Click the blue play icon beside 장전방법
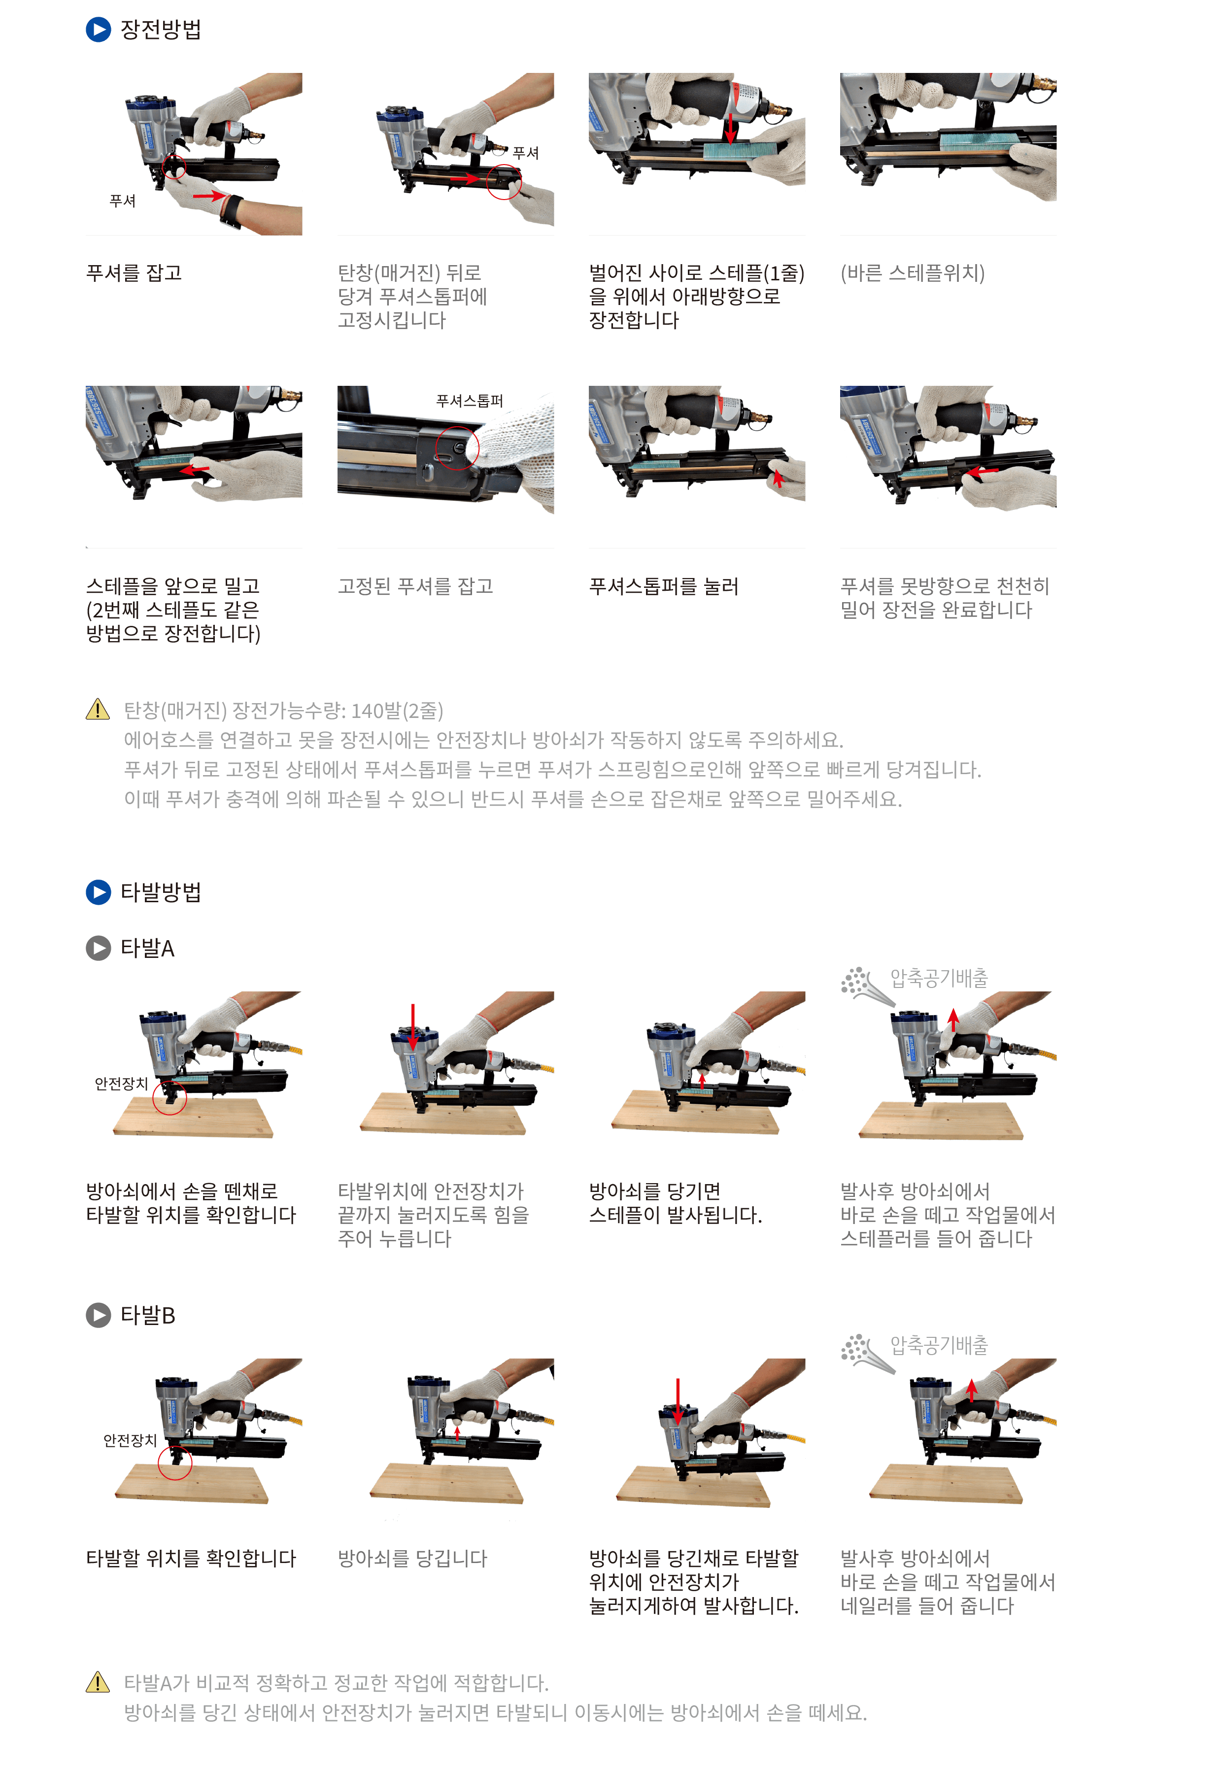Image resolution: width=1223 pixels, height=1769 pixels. pyautogui.click(x=98, y=30)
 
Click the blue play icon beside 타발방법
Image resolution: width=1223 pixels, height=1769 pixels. pyautogui.click(x=98, y=892)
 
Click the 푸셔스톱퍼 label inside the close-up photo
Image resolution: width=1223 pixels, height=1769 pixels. pyautogui.click(x=469, y=401)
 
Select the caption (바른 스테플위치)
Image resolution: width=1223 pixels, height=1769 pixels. pyautogui.click(x=912, y=273)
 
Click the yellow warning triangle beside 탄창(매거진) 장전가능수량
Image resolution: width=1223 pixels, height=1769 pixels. pyautogui.click(x=98, y=710)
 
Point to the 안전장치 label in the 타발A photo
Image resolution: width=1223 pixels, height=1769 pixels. pyautogui.click(x=121, y=1083)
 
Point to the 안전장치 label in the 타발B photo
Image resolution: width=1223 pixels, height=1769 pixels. pyautogui.click(x=130, y=1440)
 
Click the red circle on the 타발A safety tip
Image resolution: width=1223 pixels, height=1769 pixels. pyautogui.click(x=170, y=1097)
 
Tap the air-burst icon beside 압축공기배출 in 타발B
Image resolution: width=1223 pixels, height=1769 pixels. pyautogui.click(x=866, y=1352)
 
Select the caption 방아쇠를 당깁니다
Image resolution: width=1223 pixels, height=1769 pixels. pyautogui.click(x=412, y=1558)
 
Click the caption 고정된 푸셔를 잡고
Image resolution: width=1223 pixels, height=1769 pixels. pyautogui.click(x=415, y=586)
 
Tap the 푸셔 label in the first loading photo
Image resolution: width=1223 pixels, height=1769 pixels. pyautogui.click(x=123, y=201)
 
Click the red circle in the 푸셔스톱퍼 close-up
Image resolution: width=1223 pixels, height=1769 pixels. pyautogui.click(x=457, y=447)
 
